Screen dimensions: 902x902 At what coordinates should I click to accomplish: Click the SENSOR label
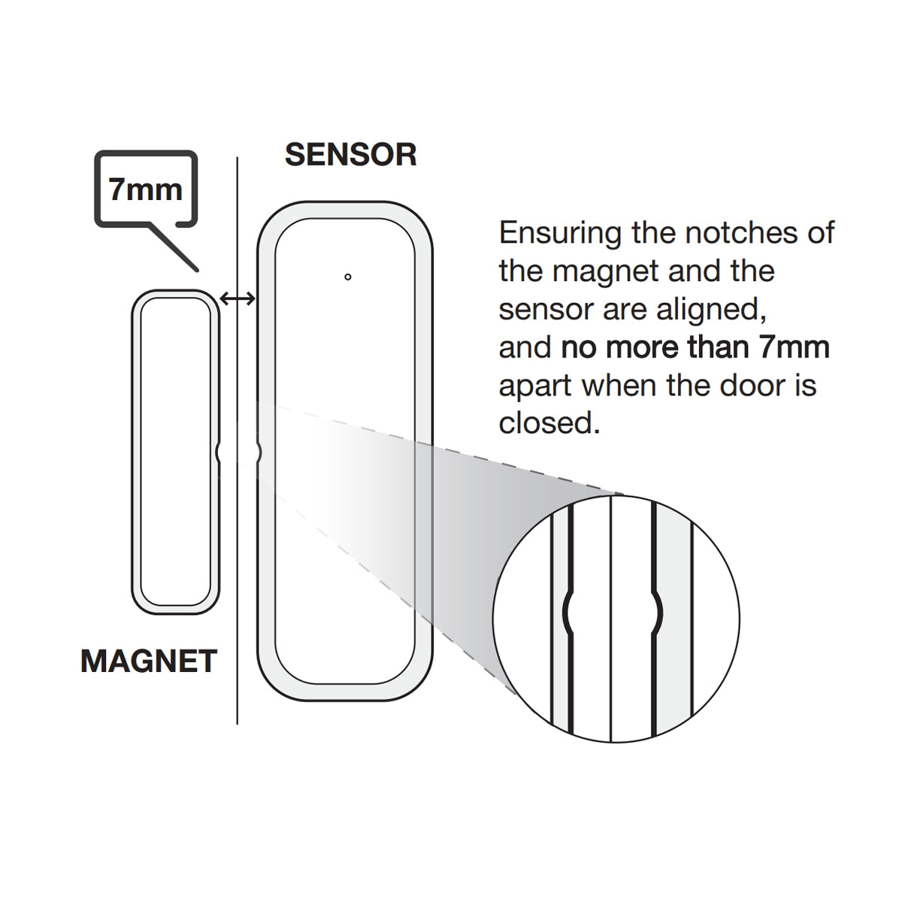tap(350, 154)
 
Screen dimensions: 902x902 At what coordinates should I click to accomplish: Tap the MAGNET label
tap(149, 661)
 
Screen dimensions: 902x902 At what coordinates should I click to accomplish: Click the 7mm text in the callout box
tap(146, 189)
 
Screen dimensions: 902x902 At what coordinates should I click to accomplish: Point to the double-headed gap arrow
tap(238, 299)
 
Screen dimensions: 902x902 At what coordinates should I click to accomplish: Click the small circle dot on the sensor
tap(347, 277)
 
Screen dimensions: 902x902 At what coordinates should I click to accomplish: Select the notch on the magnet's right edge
tap(217, 452)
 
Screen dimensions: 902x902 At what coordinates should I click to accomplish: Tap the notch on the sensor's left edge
tap(259, 452)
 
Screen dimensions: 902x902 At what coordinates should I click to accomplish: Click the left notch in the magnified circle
tap(568, 615)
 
